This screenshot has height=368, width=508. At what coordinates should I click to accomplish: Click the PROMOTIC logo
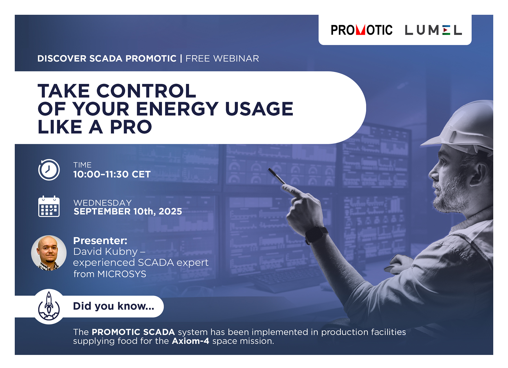[362, 30]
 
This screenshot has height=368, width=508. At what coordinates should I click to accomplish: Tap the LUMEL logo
[433, 30]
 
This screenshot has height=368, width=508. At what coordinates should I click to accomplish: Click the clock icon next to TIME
[49, 170]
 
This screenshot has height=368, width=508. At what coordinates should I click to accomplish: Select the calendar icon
[49, 206]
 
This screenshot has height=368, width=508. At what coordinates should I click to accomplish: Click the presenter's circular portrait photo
[49, 253]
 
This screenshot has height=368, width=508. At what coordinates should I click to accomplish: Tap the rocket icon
[49, 306]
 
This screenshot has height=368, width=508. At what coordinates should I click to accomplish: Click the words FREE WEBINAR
[222, 58]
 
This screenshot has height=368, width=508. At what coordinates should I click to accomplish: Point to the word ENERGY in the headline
[177, 109]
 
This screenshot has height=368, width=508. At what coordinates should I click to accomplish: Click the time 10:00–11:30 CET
[112, 174]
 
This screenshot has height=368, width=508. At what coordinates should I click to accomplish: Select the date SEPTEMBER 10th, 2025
[128, 211]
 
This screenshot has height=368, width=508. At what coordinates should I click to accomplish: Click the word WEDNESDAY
[103, 202]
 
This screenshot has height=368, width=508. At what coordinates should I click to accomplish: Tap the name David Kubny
[105, 251]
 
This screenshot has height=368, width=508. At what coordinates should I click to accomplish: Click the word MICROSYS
[122, 274]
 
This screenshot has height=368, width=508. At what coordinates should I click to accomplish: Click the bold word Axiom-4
[190, 341]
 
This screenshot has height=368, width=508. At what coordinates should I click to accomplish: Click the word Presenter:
[100, 241]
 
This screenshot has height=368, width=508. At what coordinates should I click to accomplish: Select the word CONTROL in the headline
[146, 91]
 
